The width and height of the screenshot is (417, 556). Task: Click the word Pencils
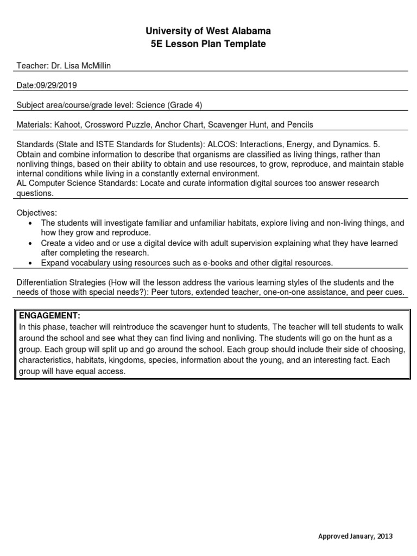300,124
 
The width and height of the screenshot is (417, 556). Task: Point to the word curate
188,183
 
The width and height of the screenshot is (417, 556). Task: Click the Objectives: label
36,213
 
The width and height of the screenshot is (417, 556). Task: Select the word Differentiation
41,282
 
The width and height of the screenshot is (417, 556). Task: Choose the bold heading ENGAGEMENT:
49,315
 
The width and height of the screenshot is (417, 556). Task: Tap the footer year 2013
384,536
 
